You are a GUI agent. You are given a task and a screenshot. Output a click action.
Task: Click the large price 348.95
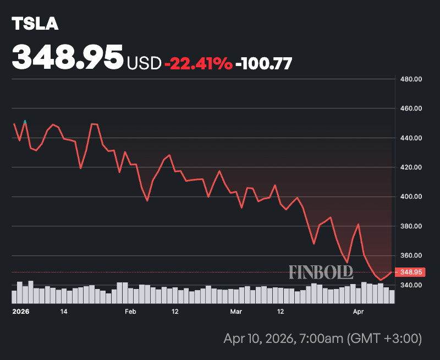(x=68, y=57)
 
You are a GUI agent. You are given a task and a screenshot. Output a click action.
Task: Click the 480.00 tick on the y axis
(x=411, y=79)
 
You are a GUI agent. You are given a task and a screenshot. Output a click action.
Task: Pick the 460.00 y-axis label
(x=411, y=108)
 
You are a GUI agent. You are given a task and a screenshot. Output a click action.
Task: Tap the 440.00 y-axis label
(x=411, y=138)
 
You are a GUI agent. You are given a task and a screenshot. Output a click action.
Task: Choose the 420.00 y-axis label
(x=411, y=167)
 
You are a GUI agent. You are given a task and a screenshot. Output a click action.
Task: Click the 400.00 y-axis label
(x=411, y=197)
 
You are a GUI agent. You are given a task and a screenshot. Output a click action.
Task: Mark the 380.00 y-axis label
(x=411, y=226)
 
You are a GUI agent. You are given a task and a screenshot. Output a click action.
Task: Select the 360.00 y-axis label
(x=411, y=255)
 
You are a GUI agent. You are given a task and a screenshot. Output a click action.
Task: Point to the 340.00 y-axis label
(x=411, y=285)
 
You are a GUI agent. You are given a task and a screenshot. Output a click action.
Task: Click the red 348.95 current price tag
(x=411, y=272)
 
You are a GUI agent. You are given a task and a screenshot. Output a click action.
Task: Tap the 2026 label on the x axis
(x=20, y=312)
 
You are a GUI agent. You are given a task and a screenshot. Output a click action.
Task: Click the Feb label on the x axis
(x=130, y=312)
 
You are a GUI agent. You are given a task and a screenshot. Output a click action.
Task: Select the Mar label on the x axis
(x=236, y=312)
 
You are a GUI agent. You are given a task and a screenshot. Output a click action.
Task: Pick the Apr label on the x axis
(x=358, y=312)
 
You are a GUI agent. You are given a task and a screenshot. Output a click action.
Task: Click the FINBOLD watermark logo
(x=321, y=271)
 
